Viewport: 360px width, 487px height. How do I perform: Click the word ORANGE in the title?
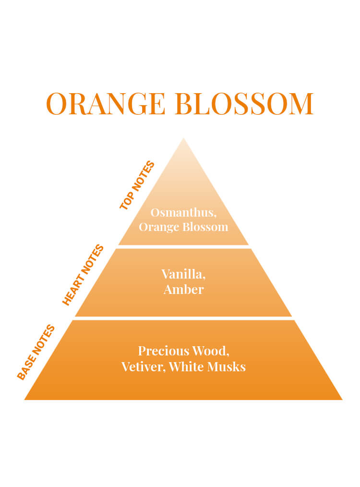(106, 103)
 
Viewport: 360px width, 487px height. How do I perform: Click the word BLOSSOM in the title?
(244, 103)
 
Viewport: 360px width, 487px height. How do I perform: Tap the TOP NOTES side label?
(137, 185)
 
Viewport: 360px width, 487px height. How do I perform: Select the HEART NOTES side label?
(83, 275)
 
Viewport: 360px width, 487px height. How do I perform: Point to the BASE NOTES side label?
(36, 352)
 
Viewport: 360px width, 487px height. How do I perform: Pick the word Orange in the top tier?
(159, 227)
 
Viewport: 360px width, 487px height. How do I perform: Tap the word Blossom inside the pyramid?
(205, 227)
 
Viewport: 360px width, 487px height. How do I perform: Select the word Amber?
(183, 290)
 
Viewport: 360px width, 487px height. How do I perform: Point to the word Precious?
(164, 351)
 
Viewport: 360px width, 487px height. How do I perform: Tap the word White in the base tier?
(186, 366)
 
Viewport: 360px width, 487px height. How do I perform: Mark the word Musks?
(227, 366)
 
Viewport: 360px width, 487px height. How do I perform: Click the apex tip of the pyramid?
(183, 138)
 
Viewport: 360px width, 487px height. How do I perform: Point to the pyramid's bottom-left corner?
(24, 400)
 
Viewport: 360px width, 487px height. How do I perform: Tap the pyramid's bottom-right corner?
(342, 400)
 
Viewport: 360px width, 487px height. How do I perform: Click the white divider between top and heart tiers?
(183, 246)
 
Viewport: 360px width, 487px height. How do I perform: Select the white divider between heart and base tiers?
(183, 318)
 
